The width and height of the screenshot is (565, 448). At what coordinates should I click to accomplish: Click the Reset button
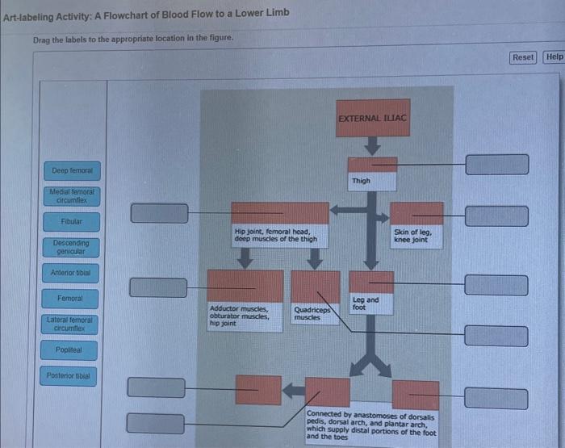(x=523, y=57)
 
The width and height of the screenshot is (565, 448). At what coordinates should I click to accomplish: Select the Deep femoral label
(x=72, y=171)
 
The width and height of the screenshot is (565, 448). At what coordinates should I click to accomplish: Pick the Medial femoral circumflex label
(x=72, y=196)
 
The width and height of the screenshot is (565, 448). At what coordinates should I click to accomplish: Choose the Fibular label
(x=72, y=221)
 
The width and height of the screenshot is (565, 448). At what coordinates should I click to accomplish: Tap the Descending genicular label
(x=72, y=246)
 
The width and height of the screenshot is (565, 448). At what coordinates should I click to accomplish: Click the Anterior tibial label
(x=72, y=273)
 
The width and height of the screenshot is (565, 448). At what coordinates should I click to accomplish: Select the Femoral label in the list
(x=71, y=299)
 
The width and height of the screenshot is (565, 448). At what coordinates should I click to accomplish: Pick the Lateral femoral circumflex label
(x=71, y=324)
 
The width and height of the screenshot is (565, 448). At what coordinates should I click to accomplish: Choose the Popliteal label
(x=71, y=351)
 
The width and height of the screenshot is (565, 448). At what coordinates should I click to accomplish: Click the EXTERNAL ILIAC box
(x=373, y=119)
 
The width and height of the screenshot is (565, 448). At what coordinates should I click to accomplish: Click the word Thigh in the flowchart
(x=361, y=181)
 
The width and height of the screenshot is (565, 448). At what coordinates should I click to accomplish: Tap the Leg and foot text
(x=365, y=304)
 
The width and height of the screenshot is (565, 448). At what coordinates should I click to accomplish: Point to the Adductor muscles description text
(x=238, y=315)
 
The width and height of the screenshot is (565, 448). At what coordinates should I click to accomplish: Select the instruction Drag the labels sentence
(x=133, y=40)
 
